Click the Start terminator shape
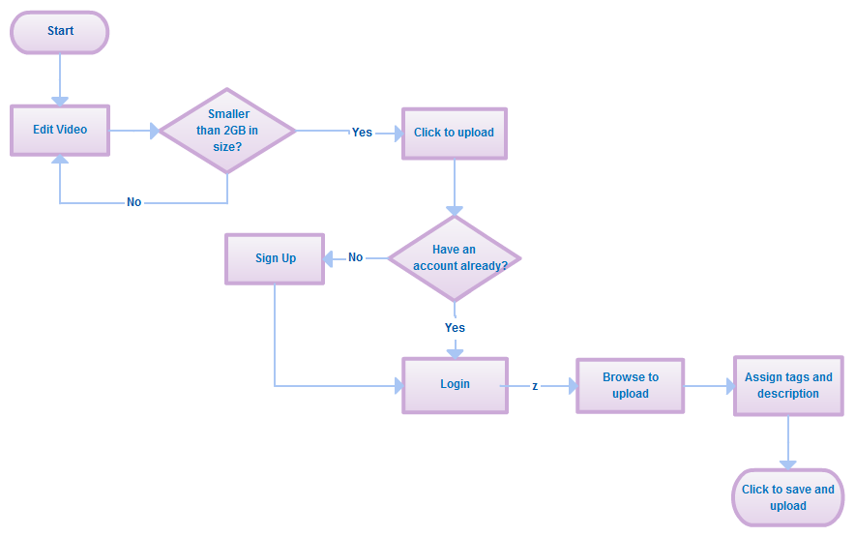point(60,32)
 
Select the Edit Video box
point(60,130)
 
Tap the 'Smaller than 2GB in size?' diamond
point(227,131)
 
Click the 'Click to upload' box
point(454,133)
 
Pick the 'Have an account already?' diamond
point(454,258)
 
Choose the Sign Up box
point(275,258)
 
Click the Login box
point(455,385)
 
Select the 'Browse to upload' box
point(630,386)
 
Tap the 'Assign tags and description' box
point(788,386)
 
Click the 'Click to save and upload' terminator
point(787,497)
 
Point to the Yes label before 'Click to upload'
point(362,133)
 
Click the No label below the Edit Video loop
point(133,202)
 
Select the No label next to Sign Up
point(355,257)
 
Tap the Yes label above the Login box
point(455,328)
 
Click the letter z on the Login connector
point(535,386)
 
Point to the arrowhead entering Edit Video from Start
point(60,100)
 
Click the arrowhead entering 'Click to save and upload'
point(788,464)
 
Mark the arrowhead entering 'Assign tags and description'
point(728,386)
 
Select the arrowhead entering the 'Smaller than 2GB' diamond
point(154,131)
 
